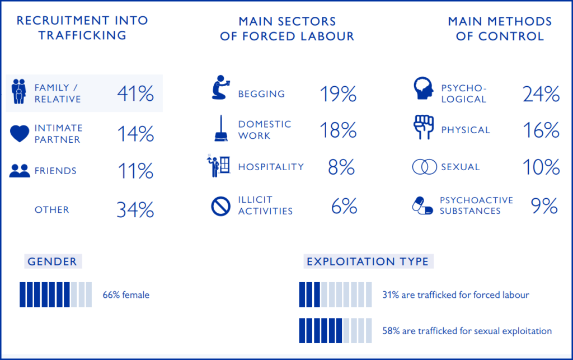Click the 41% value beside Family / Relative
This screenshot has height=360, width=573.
[x=135, y=93]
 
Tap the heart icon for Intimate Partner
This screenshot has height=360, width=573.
[x=20, y=134]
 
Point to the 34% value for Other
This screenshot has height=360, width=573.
[x=135, y=209]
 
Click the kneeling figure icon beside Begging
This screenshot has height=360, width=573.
[x=221, y=87]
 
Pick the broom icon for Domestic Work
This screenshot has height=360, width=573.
[x=220, y=128]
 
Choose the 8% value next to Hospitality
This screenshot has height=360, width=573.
[x=341, y=167]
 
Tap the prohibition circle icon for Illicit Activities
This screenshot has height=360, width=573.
[x=220, y=206]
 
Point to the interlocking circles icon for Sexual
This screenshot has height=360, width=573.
[x=424, y=167]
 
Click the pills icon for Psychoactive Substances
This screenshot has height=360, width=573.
[x=422, y=205]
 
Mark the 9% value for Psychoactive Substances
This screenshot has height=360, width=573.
[x=544, y=206]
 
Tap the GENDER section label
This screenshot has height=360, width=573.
[x=52, y=261]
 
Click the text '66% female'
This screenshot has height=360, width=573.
[x=126, y=294]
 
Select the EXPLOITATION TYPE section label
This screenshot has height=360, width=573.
[x=368, y=261]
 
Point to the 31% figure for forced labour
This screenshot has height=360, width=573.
[x=391, y=294]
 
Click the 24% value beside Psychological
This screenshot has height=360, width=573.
[x=541, y=93]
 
